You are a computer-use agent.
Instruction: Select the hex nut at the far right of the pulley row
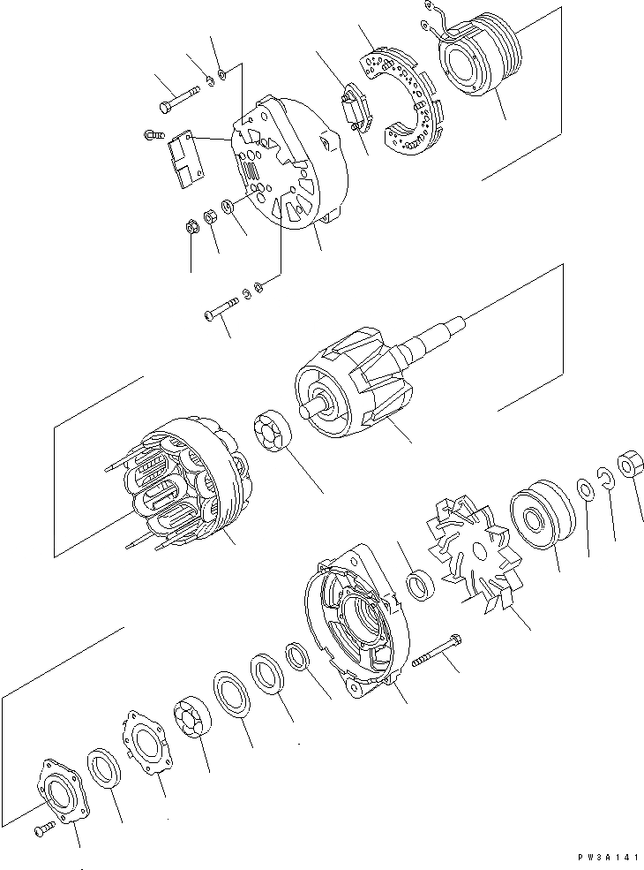pos(630,465)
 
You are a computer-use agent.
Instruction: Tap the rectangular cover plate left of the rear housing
pos(184,159)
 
